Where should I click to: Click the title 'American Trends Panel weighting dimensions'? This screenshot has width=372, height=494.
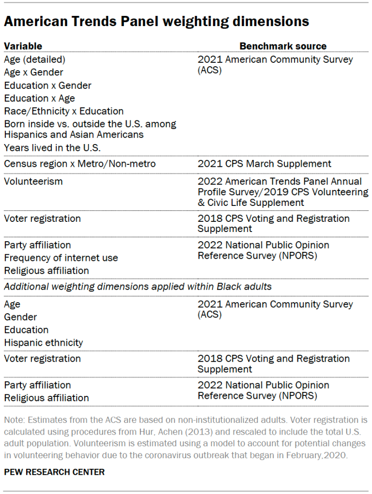pos(156,22)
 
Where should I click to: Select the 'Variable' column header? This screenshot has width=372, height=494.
pos(23,46)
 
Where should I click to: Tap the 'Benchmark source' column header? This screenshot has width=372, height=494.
pos(283,46)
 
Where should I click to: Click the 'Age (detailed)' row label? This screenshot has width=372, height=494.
pos(34,59)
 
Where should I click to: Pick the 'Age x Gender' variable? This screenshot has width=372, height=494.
pos(33,73)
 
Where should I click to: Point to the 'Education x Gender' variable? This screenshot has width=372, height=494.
pos(47,86)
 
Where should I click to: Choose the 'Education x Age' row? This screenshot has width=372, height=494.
pos(39,99)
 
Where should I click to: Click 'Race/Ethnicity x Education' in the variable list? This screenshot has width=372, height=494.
pos(63,111)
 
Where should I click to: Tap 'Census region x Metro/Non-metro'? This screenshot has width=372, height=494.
pos(80,164)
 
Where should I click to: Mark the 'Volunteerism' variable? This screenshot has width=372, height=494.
pos(33,181)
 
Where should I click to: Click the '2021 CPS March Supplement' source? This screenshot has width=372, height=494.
pos(264,164)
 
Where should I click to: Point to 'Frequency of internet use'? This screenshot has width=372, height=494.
pos(61,258)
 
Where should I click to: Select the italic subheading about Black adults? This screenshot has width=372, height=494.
pos(138,287)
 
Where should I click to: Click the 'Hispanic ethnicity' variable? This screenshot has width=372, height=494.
pos(44,343)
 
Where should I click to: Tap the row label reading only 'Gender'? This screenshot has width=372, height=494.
pos(20,317)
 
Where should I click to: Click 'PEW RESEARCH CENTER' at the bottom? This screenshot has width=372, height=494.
pos(54,472)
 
